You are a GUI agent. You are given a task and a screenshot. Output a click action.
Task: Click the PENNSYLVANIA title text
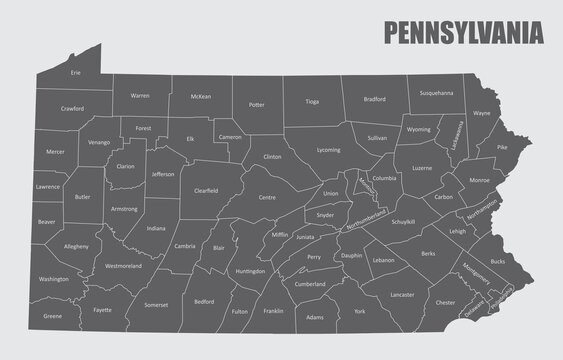465,31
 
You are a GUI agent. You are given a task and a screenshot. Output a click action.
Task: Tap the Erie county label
76,73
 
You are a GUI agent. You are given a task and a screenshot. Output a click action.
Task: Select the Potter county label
257,103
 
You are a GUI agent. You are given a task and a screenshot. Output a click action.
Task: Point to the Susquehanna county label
436,92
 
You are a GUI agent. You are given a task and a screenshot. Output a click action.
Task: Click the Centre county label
267,197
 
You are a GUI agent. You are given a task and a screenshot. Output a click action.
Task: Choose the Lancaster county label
402,295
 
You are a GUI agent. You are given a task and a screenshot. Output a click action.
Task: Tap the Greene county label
53,316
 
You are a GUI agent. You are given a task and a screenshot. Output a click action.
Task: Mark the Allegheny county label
76,245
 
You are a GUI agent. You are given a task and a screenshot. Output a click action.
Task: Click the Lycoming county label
328,149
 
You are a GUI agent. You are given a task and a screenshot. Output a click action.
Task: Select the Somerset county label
156,304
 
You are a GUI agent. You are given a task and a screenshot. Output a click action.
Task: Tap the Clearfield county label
206,189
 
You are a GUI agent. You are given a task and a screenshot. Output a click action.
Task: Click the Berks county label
428,254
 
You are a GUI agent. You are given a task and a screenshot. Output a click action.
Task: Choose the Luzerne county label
422,168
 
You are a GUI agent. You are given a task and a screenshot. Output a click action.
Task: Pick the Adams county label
316,317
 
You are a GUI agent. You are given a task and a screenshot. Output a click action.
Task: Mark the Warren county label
140,96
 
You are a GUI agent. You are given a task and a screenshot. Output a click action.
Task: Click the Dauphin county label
351,255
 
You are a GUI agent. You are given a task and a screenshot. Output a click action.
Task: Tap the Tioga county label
312,101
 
